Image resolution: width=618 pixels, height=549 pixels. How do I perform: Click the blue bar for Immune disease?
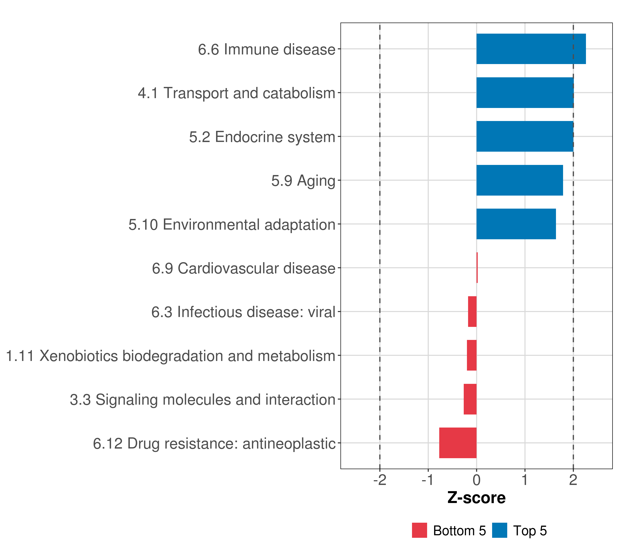coord(531,49)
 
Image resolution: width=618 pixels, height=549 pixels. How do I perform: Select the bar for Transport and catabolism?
coord(525,93)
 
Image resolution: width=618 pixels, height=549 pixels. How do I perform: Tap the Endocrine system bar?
coord(525,137)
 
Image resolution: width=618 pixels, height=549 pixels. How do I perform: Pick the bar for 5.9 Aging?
coord(519,180)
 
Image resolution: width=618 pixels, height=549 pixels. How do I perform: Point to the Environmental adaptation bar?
coord(516,224)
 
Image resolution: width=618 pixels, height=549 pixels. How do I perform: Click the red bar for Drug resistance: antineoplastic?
coord(458,443)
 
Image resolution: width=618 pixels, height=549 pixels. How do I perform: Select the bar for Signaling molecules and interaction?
coord(470,399)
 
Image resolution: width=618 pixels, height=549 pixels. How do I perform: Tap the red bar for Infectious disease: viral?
coord(472,312)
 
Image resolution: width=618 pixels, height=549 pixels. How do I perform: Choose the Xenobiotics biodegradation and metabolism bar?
coord(472,355)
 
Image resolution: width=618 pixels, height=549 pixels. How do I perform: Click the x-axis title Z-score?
coord(477,498)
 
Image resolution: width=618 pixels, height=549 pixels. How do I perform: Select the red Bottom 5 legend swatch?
coord(419,530)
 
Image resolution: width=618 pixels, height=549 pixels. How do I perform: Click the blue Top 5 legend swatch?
coord(499,530)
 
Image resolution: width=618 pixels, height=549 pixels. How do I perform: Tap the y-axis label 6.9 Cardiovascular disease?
coord(244,268)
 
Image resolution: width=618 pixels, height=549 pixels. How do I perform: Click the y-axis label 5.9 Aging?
coord(303,181)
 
